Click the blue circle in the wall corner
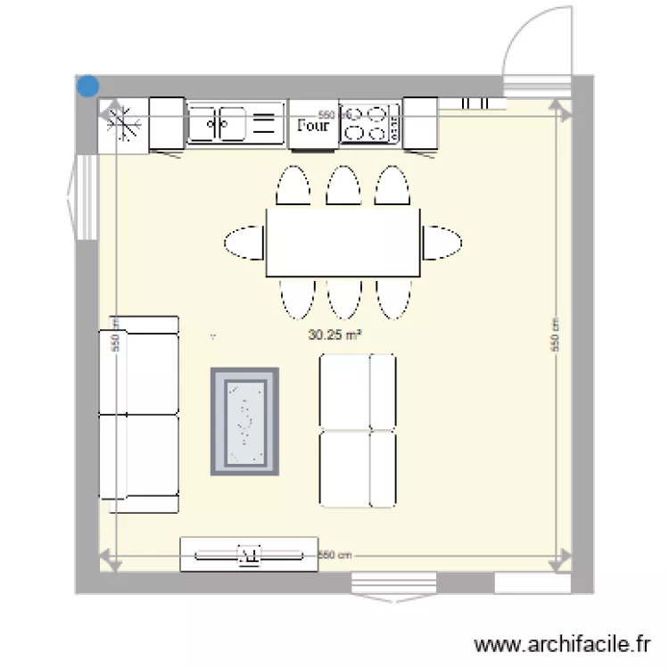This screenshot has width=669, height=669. [x=88, y=87]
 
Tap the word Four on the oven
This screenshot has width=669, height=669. [x=312, y=126]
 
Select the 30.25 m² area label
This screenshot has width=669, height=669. [x=340, y=335]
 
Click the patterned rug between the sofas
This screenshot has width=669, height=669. [x=244, y=421]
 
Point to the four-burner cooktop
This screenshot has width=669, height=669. [x=370, y=123]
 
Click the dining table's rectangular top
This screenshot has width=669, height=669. [x=343, y=242]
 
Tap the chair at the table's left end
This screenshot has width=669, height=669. [x=244, y=243]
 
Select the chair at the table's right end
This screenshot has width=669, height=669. [x=442, y=242]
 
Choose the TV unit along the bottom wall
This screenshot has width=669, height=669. [x=249, y=554]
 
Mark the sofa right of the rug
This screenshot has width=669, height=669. [x=358, y=430]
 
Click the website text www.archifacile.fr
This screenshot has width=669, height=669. [x=562, y=643]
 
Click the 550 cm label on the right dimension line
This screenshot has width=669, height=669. [x=555, y=334]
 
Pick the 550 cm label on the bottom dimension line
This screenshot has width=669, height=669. [x=335, y=555]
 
